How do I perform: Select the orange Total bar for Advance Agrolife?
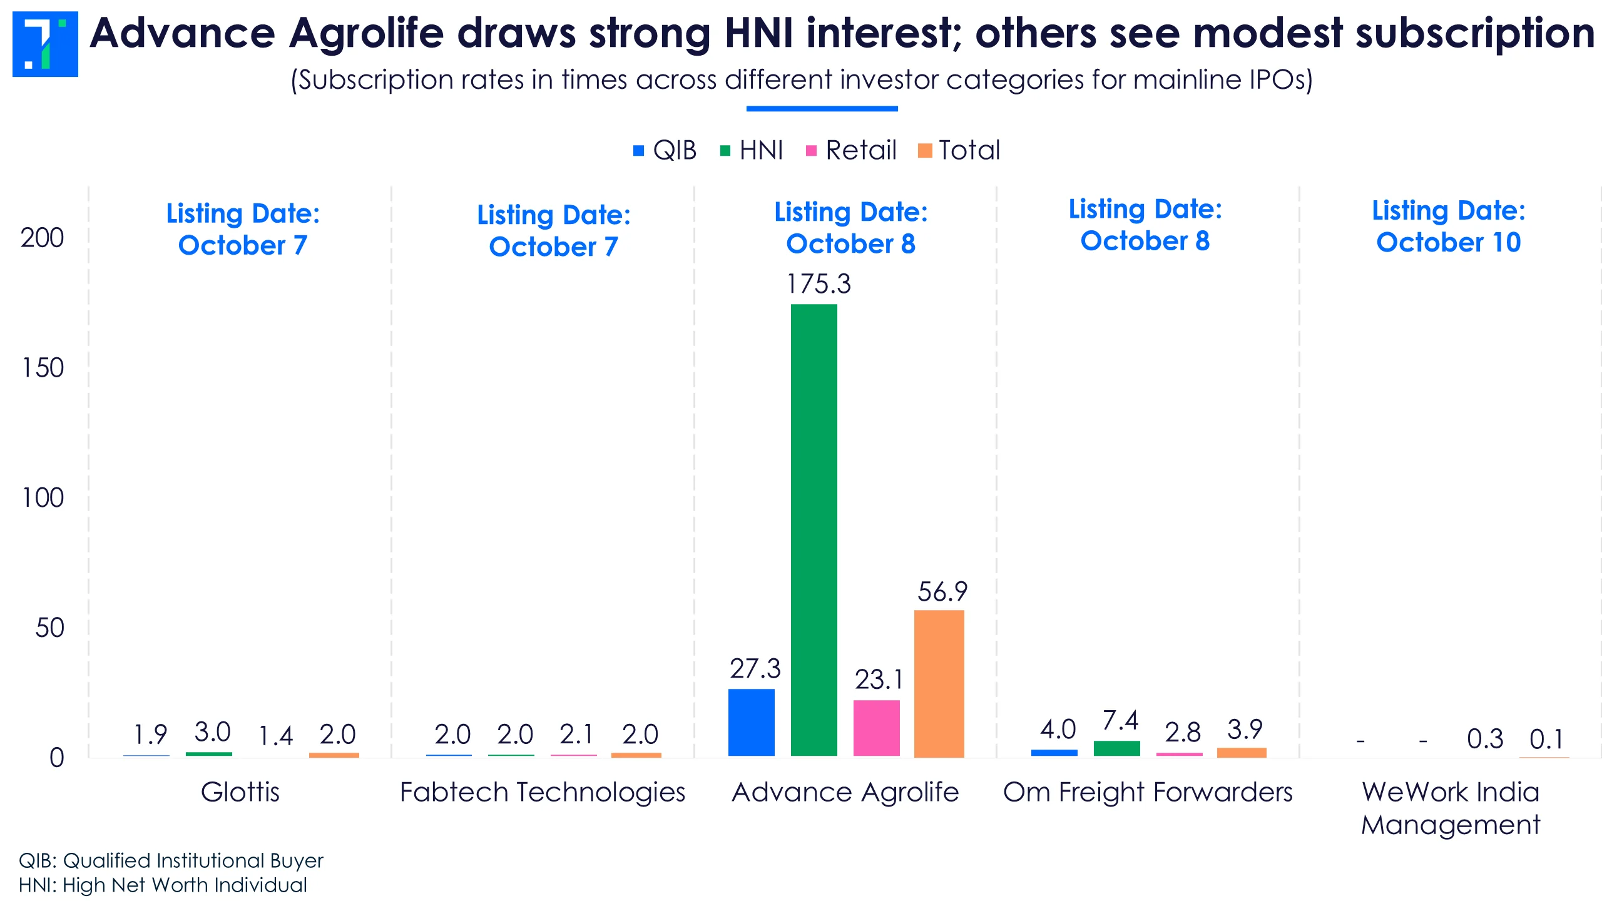tap(939, 683)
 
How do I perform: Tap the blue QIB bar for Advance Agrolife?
tap(751, 722)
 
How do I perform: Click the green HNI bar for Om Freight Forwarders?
tap(1116, 748)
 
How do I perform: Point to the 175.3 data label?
tap(819, 284)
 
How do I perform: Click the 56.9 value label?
tap(942, 592)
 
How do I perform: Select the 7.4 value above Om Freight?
tap(1120, 721)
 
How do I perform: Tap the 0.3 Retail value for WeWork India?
tap(1484, 739)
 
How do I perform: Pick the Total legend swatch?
tap(924, 151)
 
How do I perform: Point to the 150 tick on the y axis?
tap(43, 368)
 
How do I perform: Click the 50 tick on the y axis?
tap(49, 628)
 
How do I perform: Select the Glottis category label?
tap(240, 792)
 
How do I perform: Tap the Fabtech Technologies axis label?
tap(542, 792)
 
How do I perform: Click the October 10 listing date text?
tap(1448, 242)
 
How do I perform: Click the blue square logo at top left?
tap(45, 44)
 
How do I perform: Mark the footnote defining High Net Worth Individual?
tap(163, 885)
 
